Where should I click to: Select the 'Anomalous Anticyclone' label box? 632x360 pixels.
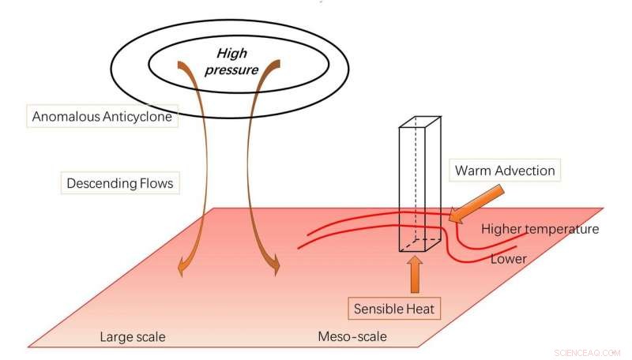tap(102, 116)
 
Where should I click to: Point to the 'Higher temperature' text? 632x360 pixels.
tap(540, 229)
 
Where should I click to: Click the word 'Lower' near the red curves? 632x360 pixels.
tap(508, 258)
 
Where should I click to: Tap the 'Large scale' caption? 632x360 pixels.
tap(132, 337)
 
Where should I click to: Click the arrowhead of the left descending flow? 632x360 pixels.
tap(183, 268)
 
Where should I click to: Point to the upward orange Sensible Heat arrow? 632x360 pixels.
tap(414, 272)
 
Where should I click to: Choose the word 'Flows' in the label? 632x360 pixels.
tap(155, 184)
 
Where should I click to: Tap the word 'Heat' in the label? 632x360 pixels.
tap(419, 307)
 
